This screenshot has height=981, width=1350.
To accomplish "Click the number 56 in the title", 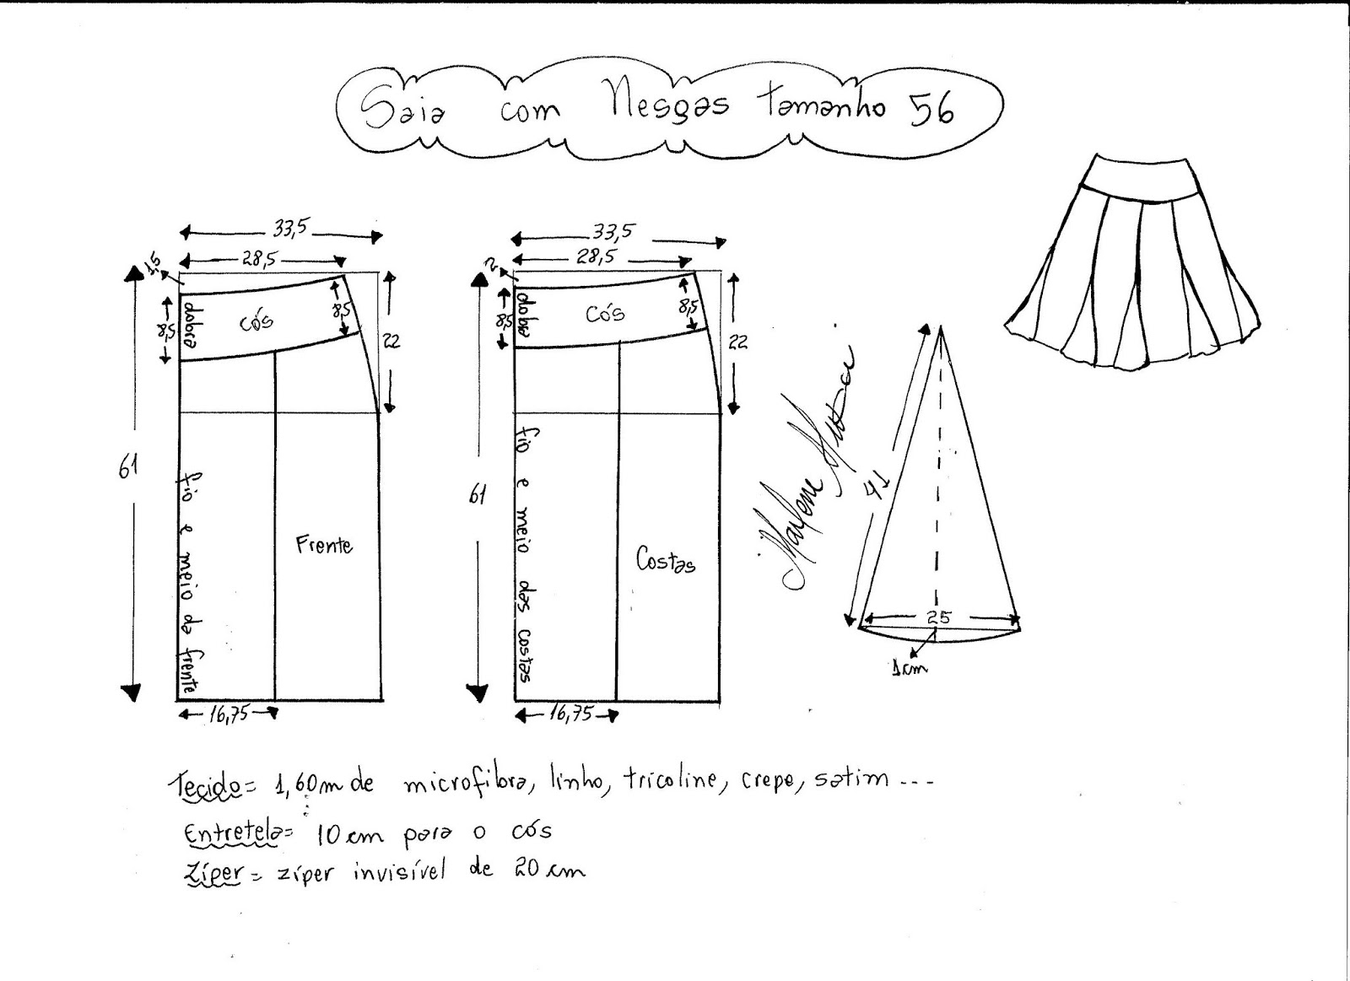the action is [931, 109].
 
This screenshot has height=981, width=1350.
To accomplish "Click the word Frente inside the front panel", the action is [324, 545].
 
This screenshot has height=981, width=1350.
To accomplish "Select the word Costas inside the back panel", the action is [667, 560].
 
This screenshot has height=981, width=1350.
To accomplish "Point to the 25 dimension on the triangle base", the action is [938, 617].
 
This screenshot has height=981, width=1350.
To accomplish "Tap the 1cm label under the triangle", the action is [909, 668].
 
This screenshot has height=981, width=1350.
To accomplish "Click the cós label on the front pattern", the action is [256, 321].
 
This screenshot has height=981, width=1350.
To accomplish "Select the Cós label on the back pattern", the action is [605, 313].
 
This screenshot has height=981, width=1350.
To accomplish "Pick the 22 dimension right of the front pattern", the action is [391, 341].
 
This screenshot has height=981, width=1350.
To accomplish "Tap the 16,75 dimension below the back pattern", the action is [570, 714].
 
